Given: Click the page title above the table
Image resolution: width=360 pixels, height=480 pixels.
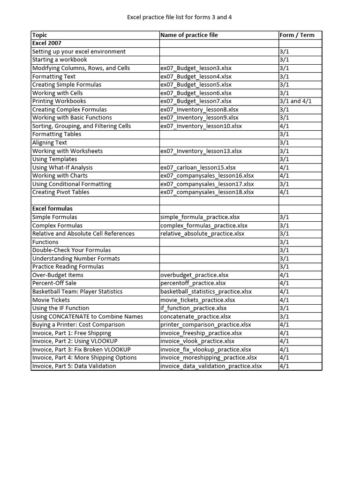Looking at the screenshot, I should click(180, 17).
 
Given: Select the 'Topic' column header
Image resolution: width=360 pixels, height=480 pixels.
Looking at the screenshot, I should click(40, 35).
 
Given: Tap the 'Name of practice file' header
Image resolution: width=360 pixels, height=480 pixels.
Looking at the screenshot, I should click(189, 35).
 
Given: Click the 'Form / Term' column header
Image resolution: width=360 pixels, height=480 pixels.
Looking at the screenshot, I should click(297, 35).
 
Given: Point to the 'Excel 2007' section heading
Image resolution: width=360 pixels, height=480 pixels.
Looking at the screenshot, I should click(47, 43).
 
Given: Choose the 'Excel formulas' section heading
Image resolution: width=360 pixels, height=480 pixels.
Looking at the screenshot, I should click(52, 209).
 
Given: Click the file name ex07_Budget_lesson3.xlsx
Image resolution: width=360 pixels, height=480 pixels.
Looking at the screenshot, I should click(195, 68).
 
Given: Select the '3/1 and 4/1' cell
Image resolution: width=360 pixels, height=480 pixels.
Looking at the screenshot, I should click(295, 101).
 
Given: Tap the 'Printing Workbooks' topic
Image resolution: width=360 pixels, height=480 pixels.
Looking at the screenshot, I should click(59, 101).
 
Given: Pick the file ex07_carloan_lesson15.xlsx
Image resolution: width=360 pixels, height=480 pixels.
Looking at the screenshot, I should click(198, 168).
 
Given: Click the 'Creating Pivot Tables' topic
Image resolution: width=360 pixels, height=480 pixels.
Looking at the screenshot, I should click(60, 192).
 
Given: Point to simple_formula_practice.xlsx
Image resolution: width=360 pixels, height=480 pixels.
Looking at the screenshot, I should click(200, 217).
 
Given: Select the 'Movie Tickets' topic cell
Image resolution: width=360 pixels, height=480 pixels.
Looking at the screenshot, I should click(51, 300).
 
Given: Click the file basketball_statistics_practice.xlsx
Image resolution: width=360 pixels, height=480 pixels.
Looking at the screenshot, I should click(206, 292).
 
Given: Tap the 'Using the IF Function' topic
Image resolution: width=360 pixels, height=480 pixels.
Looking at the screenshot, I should click(60, 308).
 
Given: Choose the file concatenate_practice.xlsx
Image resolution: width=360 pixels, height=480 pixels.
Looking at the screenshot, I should click(195, 317).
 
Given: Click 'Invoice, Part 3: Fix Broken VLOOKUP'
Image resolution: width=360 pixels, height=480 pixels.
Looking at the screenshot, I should click(82, 350).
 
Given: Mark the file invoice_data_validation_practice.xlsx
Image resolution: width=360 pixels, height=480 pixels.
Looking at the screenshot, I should click(211, 366).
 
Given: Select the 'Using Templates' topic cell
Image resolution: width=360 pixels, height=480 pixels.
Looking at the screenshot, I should click(55, 159).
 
